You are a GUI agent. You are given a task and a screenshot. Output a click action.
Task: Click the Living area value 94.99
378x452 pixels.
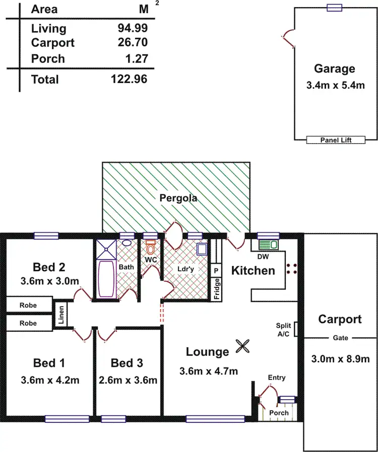click(133, 28)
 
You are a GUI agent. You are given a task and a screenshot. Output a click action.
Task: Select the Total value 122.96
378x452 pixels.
click(130, 79)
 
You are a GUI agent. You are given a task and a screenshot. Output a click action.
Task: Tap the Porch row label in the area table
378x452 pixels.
click(48, 58)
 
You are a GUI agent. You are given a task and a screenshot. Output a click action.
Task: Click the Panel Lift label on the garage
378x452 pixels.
click(335, 140)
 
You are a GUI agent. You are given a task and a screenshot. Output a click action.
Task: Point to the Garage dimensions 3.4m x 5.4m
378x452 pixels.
click(335, 86)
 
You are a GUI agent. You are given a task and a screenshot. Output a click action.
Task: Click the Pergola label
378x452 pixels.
click(178, 198)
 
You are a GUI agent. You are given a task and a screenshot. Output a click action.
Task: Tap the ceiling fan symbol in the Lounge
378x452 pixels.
click(242, 346)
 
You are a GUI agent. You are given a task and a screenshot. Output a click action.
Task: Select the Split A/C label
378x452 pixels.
click(283, 330)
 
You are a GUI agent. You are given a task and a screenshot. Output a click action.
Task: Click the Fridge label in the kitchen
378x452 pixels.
click(217, 289)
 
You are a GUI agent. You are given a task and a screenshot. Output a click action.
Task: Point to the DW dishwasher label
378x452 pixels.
click(263, 256)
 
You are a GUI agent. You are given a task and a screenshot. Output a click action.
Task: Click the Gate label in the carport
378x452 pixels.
click(340, 338)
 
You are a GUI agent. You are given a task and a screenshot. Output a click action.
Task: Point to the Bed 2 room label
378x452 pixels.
click(49, 267)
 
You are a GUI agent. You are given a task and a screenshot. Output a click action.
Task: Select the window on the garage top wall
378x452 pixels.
click(334, 7)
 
